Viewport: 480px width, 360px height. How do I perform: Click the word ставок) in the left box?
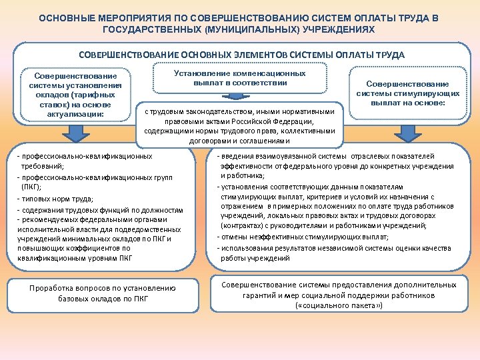pyautogui.click(x=62, y=105)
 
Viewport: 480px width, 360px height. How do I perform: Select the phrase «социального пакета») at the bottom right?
pyautogui.click(x=339, y=305)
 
